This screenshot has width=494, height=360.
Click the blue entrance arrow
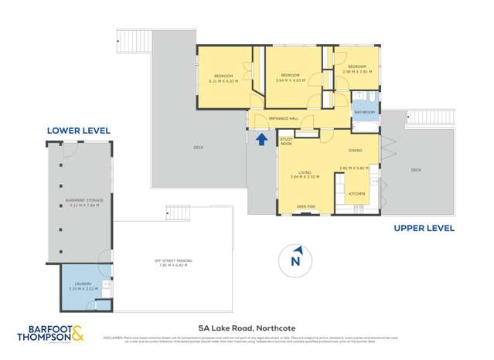(261, 139)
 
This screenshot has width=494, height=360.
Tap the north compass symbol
(295, 258)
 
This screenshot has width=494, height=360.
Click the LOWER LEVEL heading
(79, 131)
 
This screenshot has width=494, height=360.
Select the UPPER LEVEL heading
(424, 228)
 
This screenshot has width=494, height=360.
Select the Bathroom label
(364, 113)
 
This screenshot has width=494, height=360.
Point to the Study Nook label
(286, 142)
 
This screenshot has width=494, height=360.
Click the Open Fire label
(306, 207)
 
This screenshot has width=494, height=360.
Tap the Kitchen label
(356, 193)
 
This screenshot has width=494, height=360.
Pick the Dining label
(356, 150)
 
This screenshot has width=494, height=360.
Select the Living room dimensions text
(305, 177)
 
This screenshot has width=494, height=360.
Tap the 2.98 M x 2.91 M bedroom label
(357, 70)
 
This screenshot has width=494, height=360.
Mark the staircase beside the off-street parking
(178, 213)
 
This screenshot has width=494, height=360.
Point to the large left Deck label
(199, 148)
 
